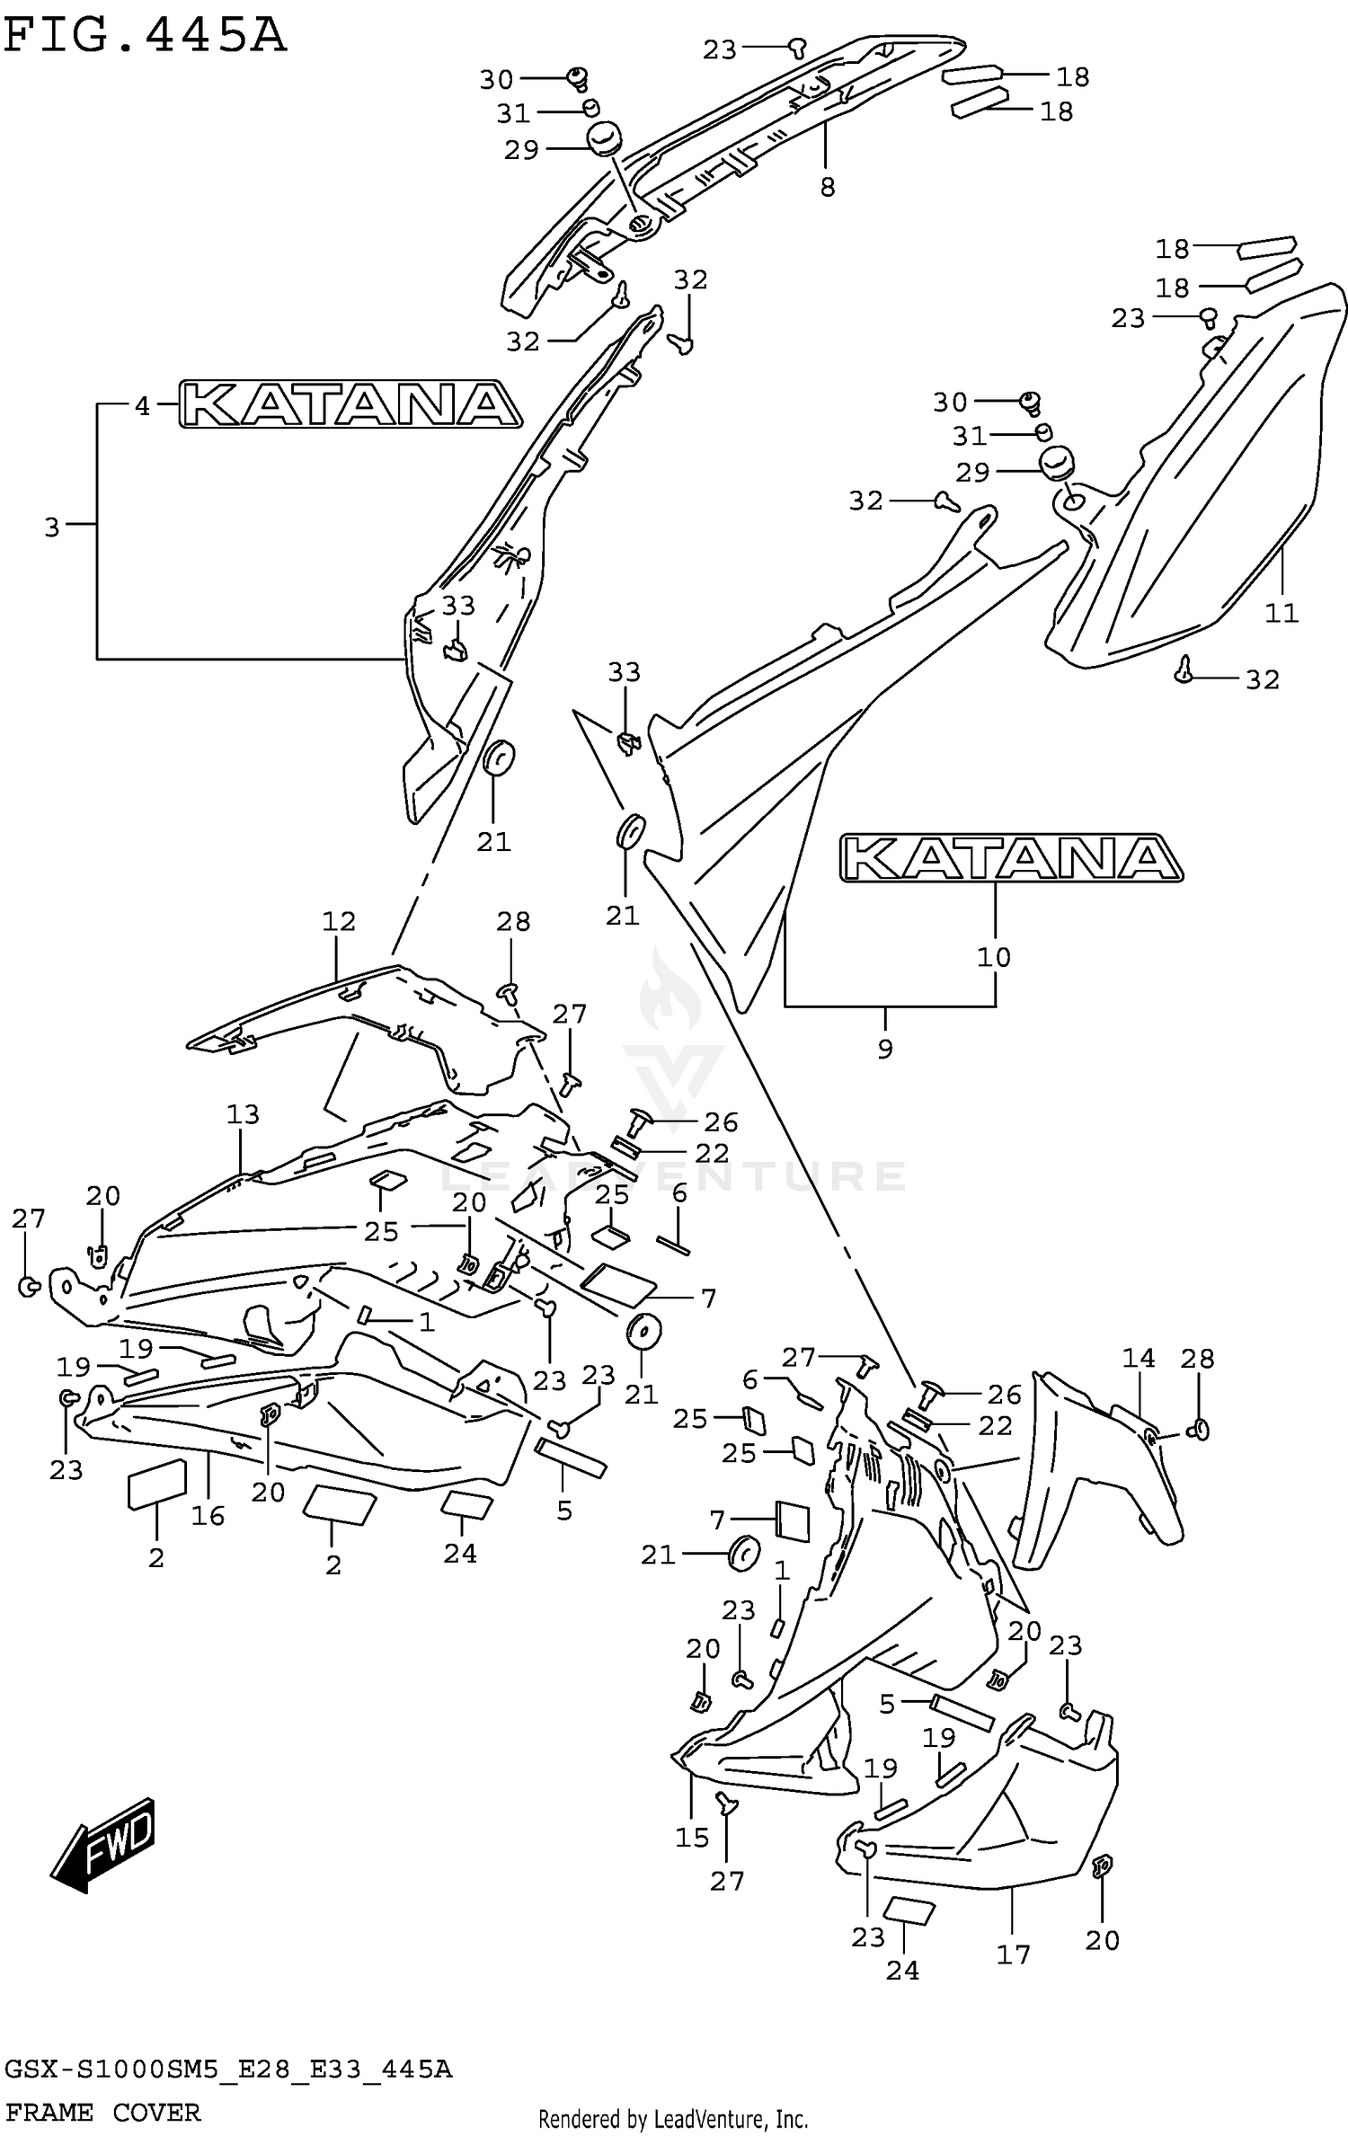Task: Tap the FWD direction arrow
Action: click(104, 1842)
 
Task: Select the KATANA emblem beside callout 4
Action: click(350, 403)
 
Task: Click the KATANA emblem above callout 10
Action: click(1011, 858)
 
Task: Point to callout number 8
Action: click(828, 187)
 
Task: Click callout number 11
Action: click(1281, 613)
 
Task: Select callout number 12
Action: click(339, 921)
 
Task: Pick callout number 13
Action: click(243, 1114)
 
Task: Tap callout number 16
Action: click(208, 1516)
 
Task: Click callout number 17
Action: click(1013, 1954)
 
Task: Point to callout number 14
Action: click(1139, 1358)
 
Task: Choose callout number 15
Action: click(692, 1838)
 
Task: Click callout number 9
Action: click(885, 1048)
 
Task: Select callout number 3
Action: click(52, 527)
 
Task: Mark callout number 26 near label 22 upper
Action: click(721, 1121)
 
